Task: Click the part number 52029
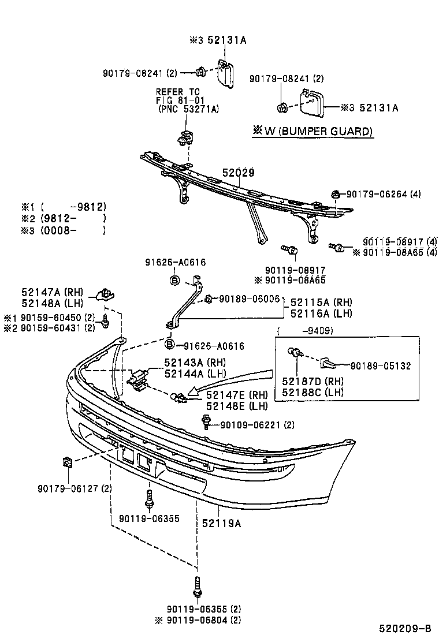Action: click(x=239, y=172)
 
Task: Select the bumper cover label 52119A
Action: click(x=221, y=523)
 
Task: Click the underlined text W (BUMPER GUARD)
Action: click(x=312, y=132)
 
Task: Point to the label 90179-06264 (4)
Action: click(x=384, y=195)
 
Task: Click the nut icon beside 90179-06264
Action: click(x=335, y=195)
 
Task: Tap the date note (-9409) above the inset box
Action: click(x=299, y=331)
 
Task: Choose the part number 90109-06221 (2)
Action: click(x=257, y=425)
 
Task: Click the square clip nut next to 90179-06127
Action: click(x=66, y=462)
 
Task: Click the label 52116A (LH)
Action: click(x=321, y=313)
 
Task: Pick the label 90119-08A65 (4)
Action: click(x=394, y=252)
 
